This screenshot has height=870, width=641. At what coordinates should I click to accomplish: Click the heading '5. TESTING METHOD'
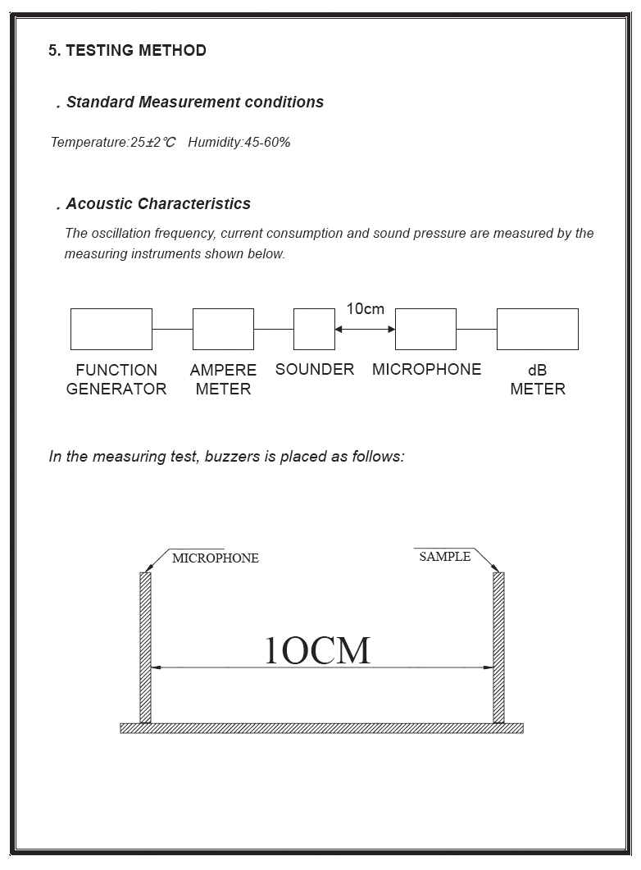[127, 51]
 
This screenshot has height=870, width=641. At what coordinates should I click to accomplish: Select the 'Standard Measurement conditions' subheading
[194, 102]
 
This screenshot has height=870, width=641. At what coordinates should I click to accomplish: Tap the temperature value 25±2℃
[153, 143]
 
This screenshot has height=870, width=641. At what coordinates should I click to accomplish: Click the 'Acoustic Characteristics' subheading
[158, 204]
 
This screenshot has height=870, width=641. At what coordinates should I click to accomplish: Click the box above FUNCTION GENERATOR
[111, 329]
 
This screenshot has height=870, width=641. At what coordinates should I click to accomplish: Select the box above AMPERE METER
[223, 329]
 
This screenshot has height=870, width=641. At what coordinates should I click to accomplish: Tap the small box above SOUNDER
[314, 329]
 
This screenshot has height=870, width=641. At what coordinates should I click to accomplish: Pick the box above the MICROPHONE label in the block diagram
[425, 329]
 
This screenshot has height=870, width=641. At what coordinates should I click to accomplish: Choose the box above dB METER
[537, 329]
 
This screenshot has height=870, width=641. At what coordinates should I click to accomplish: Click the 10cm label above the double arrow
[365, 309]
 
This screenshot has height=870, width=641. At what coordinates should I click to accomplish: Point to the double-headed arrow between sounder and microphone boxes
[365, 329]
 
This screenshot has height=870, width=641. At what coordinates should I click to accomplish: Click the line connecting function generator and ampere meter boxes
[172, 329]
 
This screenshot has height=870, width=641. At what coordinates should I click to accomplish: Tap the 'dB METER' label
[538, 380]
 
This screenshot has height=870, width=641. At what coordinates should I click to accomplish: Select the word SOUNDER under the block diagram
[315, 370]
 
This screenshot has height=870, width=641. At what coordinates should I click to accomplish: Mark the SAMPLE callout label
[445, 557]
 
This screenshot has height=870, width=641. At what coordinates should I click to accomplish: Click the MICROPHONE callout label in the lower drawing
[216, 558]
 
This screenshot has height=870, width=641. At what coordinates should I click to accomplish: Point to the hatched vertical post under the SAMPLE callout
[498, 648]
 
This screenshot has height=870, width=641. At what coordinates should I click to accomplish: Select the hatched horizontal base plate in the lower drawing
[321, 728]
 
